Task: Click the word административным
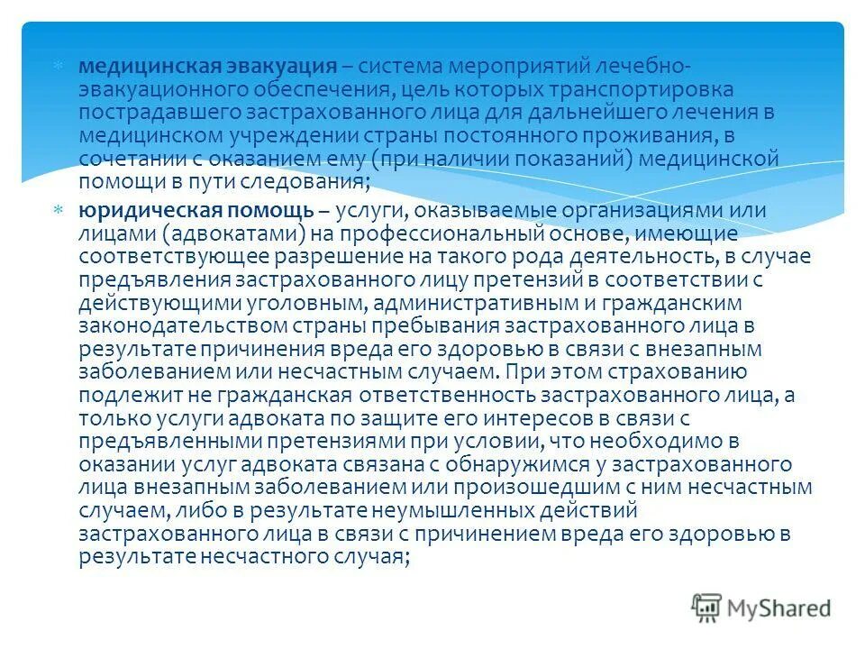[x=471, y=302]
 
